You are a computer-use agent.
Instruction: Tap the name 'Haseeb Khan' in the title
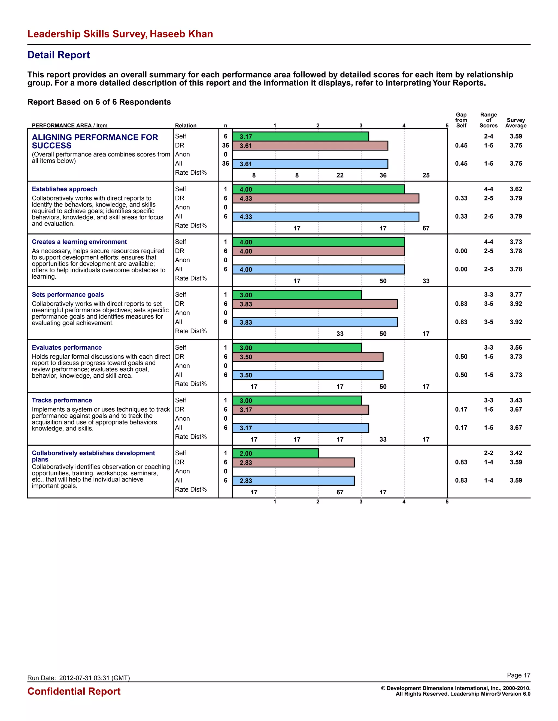click(x=181, y=34)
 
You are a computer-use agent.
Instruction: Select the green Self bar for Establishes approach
click(x=318, y=189)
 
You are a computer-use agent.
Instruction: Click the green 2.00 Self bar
click(x=275, y=453)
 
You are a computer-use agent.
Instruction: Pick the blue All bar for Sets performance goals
click(x=315, y=322)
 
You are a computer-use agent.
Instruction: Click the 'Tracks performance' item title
click(x=62, y=400)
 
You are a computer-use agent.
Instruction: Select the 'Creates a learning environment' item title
click(x=79, y=242)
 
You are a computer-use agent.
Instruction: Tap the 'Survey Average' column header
click(x=516, y=123)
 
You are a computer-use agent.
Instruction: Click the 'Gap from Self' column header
click(x=461, y=120)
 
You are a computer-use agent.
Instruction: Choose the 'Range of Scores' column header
click(x=488, y=120)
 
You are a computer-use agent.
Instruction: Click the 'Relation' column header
click(x=186, y=125)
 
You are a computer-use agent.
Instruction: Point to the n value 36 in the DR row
click(x=225, y=145)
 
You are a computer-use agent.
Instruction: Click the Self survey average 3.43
click(x=516, y=400)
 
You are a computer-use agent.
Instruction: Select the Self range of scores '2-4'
click(x=488, y=136)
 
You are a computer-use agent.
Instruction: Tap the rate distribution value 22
click(x=340, y=175)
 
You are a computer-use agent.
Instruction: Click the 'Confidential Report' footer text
click(x=74, y=691)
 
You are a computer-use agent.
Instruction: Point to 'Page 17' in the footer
click(x=518, y=675)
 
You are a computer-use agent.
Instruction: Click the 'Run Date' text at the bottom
click(x=78, y=678)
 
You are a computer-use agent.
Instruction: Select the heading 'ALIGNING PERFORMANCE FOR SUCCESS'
click(x=95, y=141)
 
